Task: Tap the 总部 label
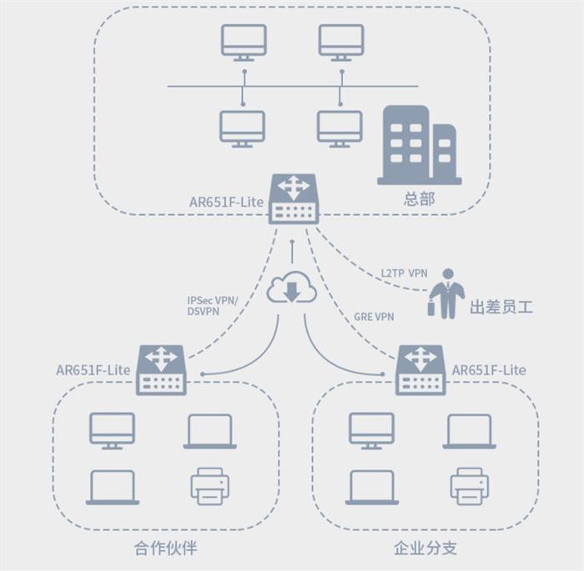pos(419,200)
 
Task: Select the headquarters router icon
pos(294,198)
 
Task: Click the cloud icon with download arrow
pos(291,288)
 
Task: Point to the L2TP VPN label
pos(404,273)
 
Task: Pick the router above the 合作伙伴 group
pos(161,369)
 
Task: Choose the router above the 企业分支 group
pos(420,369)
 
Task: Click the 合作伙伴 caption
pos(165,548)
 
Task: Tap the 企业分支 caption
pos(425,548)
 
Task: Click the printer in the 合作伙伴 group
pos(209,486)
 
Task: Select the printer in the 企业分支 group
pos(469,486)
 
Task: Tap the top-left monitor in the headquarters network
pos(244,43)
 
